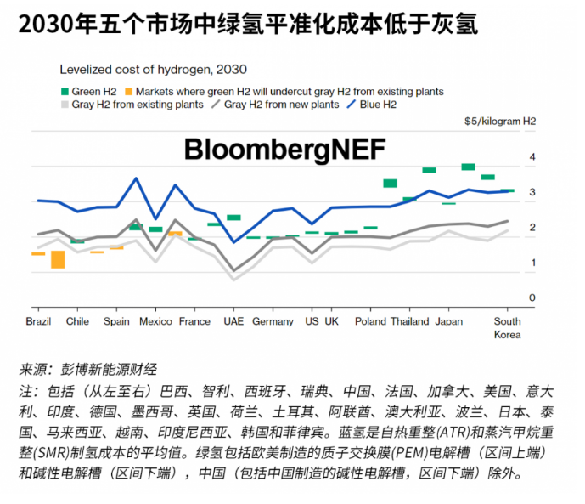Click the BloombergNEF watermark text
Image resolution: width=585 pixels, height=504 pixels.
[x=285, y=150]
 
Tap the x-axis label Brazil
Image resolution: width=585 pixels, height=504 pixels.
[x=39, y=322]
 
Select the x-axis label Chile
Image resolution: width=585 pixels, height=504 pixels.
[x=77, y=322]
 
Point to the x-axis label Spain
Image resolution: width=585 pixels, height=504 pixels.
[x=116, y=322]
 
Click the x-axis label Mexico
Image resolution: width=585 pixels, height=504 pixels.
[x=155, y=322]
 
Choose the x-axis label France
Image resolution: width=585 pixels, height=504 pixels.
[x=194, y=322]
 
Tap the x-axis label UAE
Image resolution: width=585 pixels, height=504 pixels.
[x=233, y=322]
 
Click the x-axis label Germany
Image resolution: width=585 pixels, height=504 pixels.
[x=273, y=322]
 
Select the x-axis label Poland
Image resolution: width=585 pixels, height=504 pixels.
[x=370, y=322]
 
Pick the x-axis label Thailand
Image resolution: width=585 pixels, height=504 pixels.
[x=409, y=322]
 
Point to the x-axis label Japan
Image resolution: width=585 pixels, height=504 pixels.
[x=449, y=322]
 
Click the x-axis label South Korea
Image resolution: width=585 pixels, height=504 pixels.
[x=508, y=328]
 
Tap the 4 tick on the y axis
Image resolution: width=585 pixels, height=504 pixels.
[x=532, y=157]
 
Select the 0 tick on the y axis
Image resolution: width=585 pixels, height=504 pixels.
[x=532, y=297]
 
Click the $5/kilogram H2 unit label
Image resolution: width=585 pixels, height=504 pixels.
[x=500, y=122]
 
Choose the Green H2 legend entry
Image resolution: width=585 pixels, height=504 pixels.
[x=90, y=91]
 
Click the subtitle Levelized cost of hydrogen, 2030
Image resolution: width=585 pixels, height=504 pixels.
[x=153, y=70]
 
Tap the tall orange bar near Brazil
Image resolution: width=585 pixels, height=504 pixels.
[x=58, y=258]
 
